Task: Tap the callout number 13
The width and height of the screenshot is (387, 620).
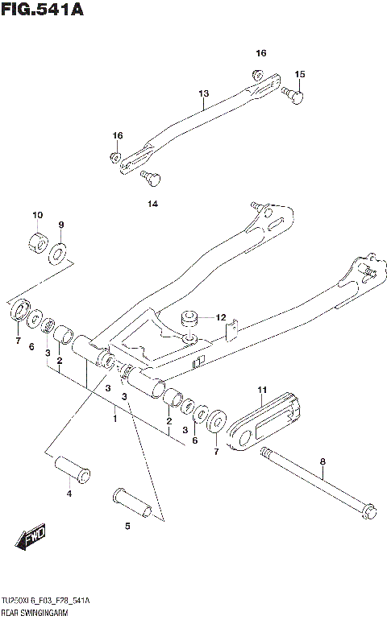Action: click(x=203, y=94)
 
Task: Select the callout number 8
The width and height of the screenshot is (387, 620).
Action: click(x=322, y=461)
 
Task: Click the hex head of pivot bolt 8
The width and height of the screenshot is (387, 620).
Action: click(x=370, y=511)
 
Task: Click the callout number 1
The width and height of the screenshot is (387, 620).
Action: click(x=114, y=419)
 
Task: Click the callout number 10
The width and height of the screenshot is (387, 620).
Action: click(x=36, y=215)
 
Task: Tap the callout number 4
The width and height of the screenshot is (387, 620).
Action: click(x=69, y=493)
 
